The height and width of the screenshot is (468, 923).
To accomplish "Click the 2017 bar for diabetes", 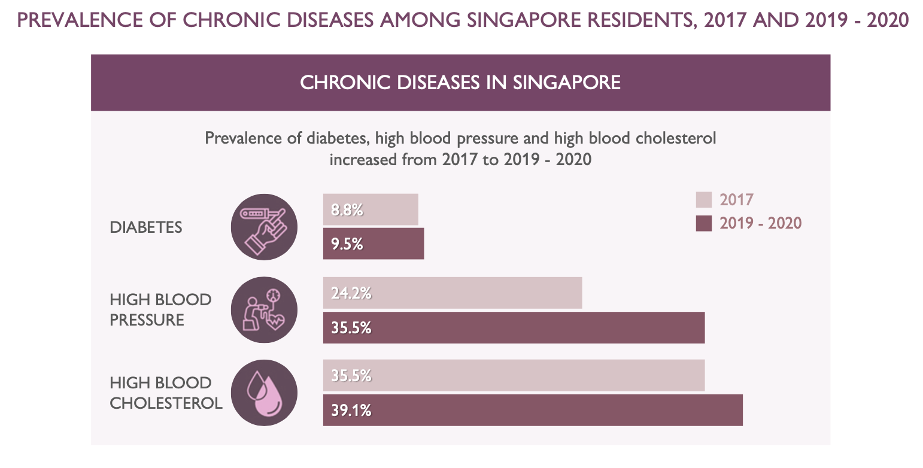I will [371, 209].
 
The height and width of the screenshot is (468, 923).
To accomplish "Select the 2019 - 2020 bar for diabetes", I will [374, 244].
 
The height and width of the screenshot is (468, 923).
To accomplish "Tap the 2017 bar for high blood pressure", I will [453, 293].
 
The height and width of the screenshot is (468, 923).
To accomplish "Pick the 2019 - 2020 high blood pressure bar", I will [514, 327].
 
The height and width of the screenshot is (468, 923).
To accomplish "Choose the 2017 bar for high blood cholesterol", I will [514, 375].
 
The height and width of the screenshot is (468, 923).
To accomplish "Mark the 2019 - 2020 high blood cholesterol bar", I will [533, 410].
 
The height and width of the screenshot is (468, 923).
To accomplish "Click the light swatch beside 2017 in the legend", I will [704, 199].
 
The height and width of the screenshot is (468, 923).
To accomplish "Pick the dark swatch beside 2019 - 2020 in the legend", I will [704, 223].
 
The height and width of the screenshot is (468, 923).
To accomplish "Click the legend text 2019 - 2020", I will [760, 223].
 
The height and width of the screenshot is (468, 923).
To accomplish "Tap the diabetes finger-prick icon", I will [264, 227].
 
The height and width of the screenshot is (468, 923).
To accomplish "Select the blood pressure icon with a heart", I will [264, 310].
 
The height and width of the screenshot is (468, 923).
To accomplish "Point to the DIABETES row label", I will [146, 227].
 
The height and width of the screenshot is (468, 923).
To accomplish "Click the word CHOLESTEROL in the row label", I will [166, 403].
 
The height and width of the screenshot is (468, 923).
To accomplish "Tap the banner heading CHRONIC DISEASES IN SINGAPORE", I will [460, 83].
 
